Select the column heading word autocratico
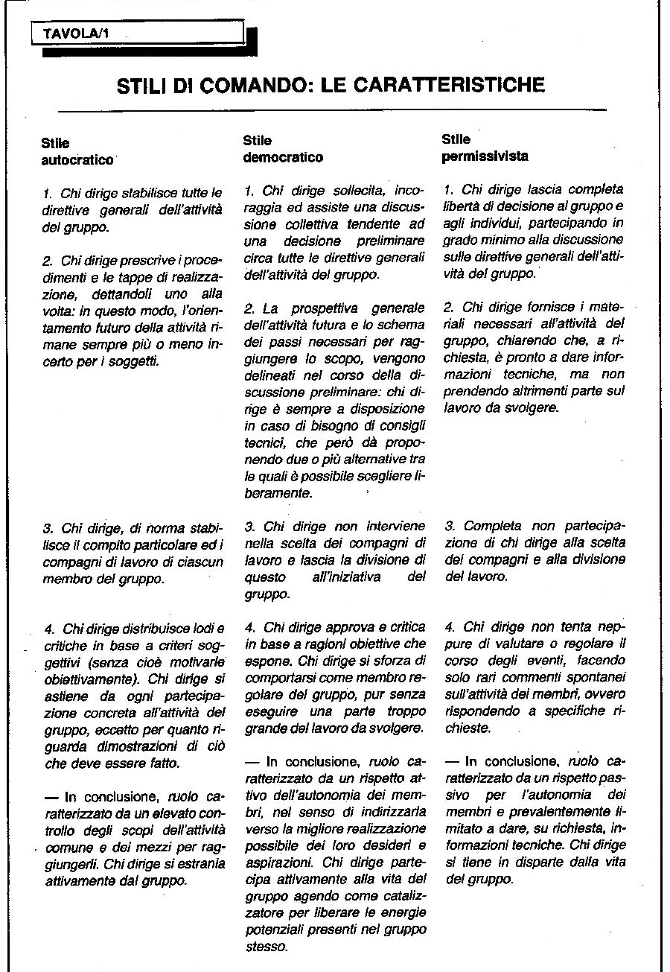click(x=77, y=160)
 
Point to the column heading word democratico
click(x=283, y=157)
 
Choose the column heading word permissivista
click(x=485, y=156)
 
